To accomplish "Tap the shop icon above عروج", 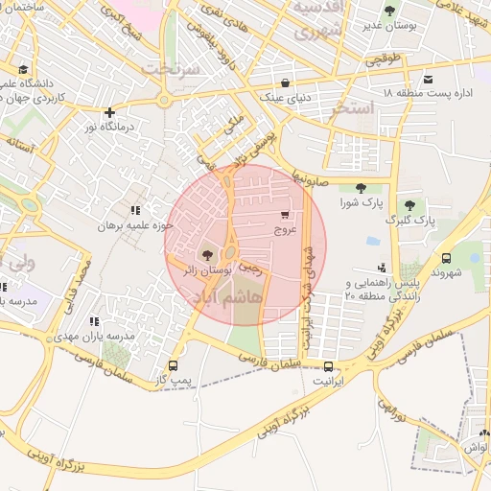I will [285, 215].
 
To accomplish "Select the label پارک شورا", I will [361, 204].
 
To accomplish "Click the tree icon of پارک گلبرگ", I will [410, 204].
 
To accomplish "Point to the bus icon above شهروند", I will [446, 257].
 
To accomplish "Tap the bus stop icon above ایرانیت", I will [329, 366].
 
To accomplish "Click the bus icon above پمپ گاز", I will [174, 365].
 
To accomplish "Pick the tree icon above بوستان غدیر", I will [388, 12].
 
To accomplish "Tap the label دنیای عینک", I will [284, 97].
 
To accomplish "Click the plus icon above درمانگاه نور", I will [110, 112].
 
